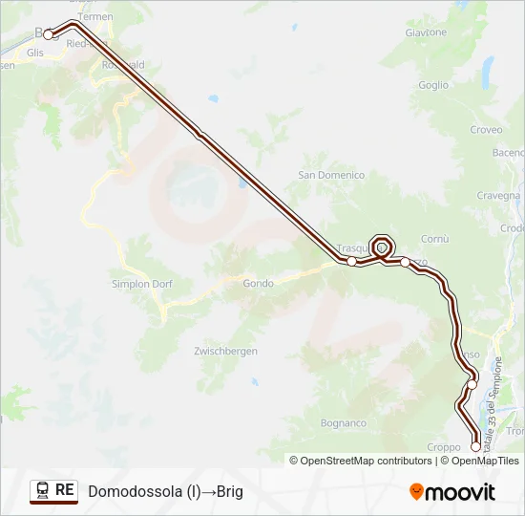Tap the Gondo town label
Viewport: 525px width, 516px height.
tap(258, 283)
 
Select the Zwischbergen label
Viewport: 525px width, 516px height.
tap(225, 352)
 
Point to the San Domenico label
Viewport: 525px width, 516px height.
tap(331, 175)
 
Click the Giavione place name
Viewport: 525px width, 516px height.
tap(426, 32)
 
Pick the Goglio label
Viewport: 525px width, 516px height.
tap(432, 85)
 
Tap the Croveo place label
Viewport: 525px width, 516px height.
tap(486, 130)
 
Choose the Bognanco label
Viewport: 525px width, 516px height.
tap(344, 422)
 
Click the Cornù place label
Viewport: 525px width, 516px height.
tap(434, 238)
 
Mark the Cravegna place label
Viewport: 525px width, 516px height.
tap(497, 195)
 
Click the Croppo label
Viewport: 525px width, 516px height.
tap(444, 446)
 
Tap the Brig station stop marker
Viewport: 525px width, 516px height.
tap(48, 34)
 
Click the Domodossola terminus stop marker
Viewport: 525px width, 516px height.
tap(476, 446)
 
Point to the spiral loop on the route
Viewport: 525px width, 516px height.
tap(382, 246)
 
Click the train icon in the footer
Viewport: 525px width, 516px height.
tap(42, 490)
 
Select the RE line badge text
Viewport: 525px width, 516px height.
tap(65, 489)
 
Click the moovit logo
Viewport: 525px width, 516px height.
tap(452, 492)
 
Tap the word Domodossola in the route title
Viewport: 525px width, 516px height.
tap(135, 491)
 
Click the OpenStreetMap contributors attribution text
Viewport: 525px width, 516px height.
tap(362, 461)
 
